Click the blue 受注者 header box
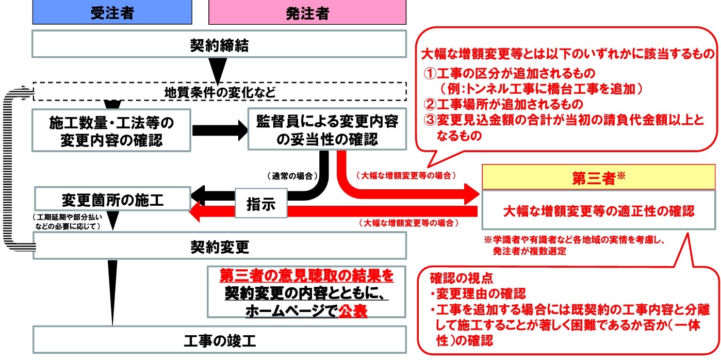pos(112,13)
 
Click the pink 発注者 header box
pos(307,13)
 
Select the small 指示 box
pos(260,205)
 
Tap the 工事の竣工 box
pos(219,340)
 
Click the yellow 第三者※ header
pos(598,178)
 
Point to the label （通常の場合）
pos(292,176)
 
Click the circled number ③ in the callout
pos(430,119)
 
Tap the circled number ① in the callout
pos(430,73)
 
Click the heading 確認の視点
pos(462,279)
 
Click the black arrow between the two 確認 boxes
pos(219,130)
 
